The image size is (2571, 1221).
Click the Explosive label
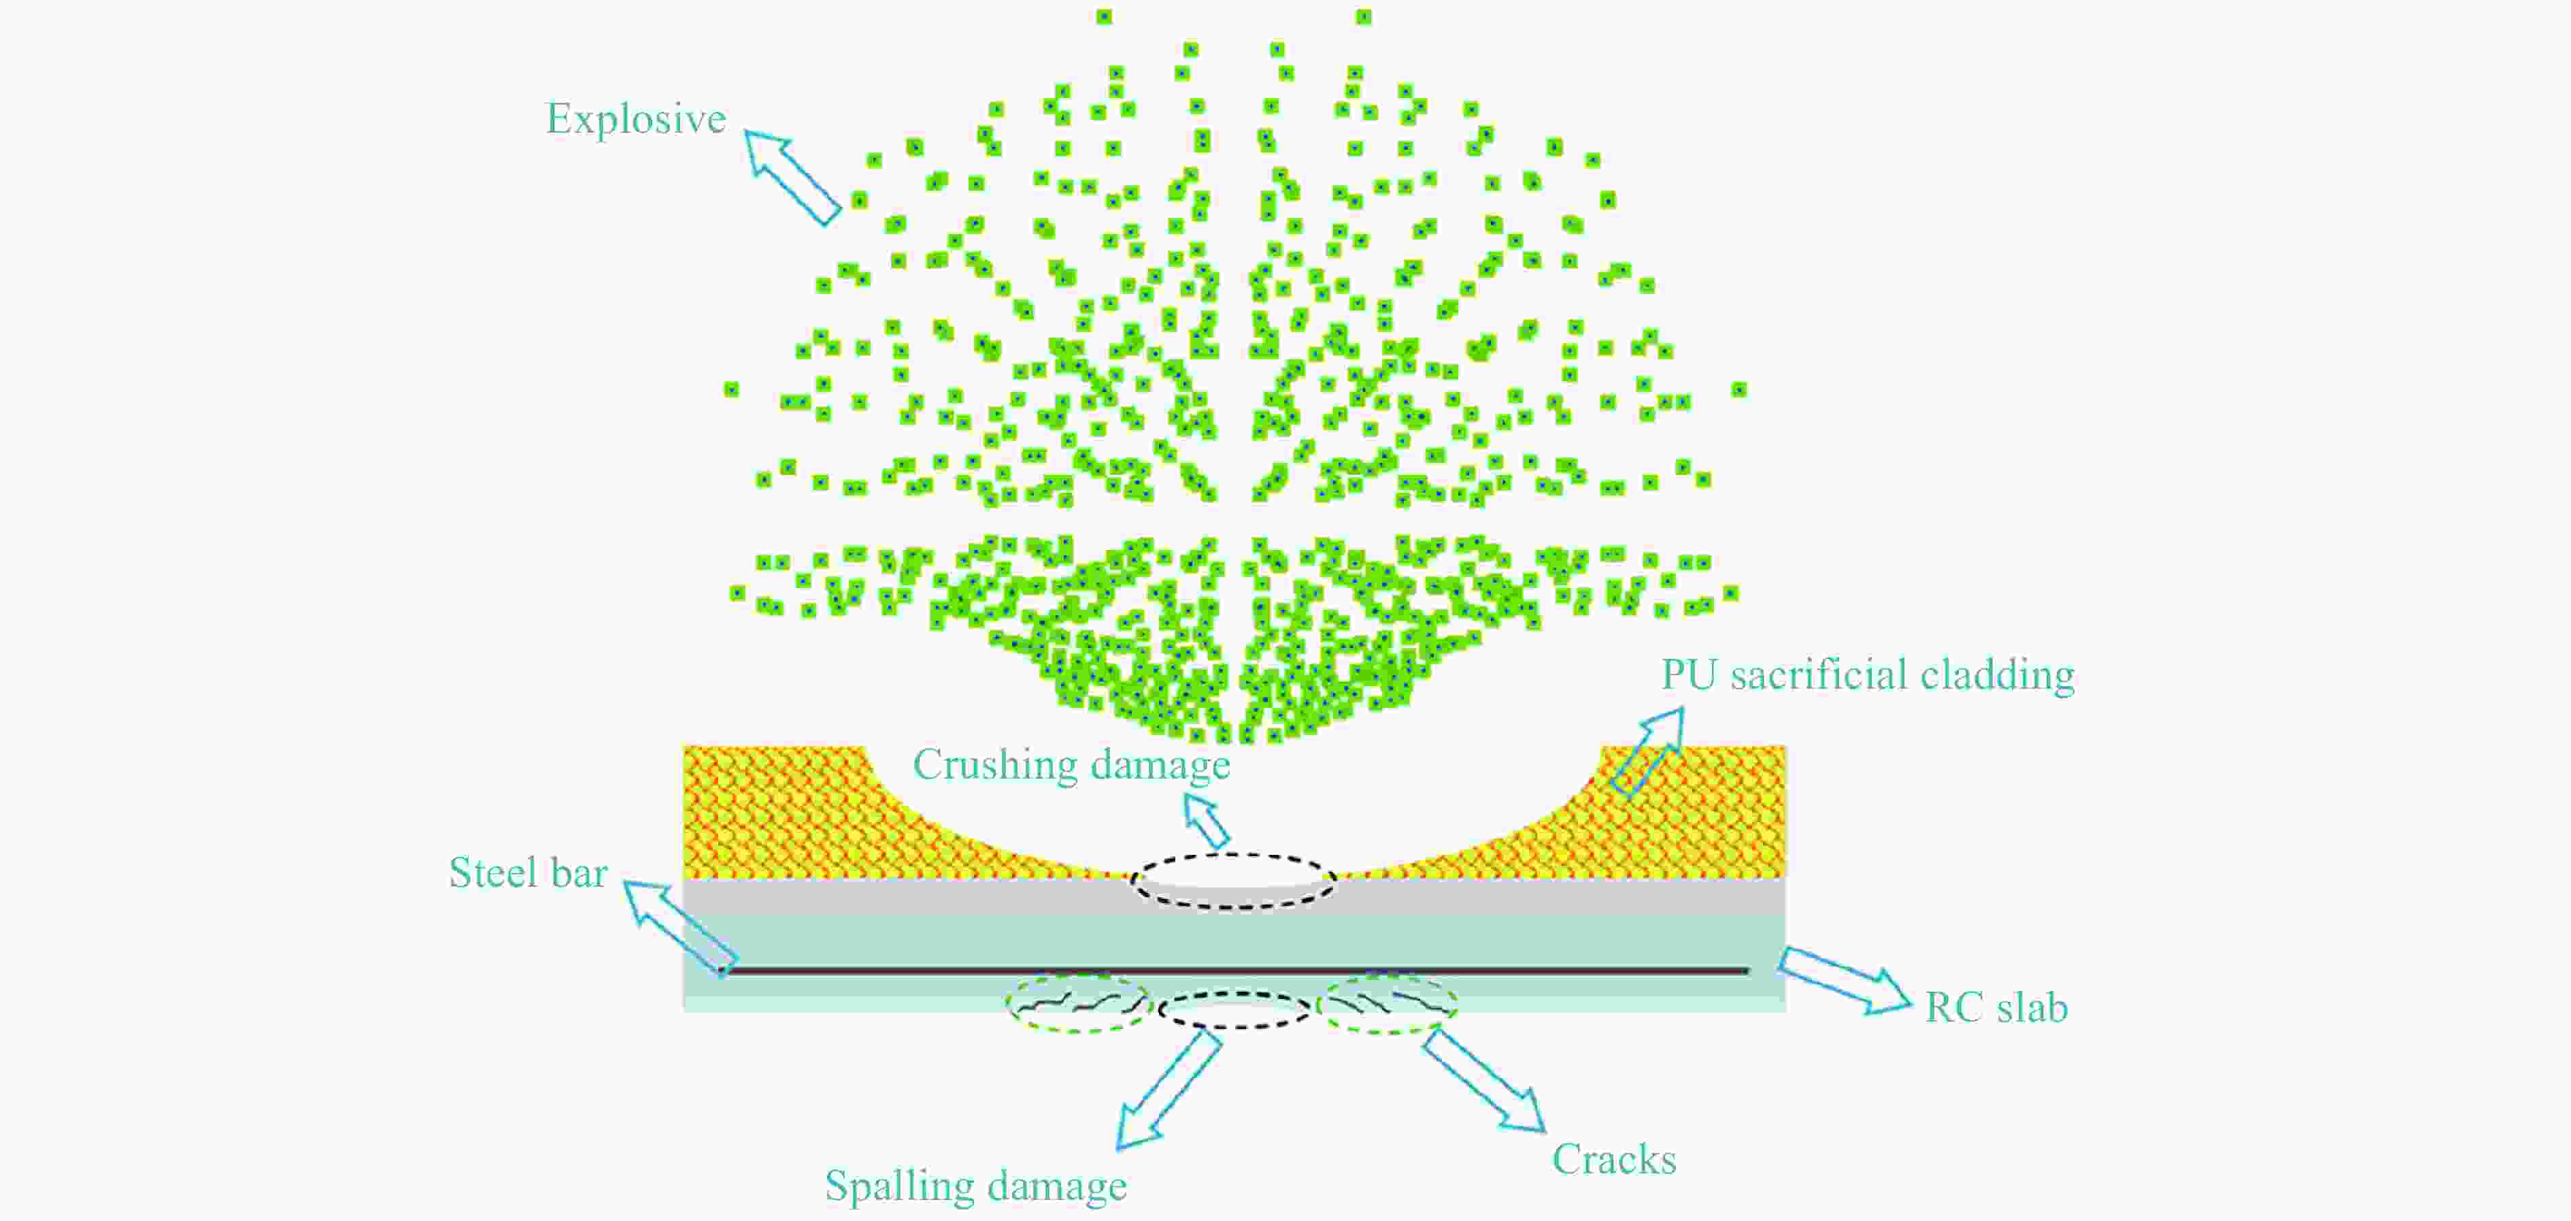point(636,120)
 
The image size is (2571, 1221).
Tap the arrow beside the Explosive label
point(792,177)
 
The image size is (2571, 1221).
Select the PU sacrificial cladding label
point(1867,675)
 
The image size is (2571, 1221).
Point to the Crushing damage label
point(1071,766)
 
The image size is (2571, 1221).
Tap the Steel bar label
point(528,873)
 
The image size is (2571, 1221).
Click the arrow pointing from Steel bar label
point(679,928)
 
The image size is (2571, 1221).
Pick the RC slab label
point(1996,1007)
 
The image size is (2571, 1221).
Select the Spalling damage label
point(975,1187)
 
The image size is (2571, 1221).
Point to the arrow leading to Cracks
point(1484,1080)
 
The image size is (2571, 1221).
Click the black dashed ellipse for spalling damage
point(1234,994)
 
